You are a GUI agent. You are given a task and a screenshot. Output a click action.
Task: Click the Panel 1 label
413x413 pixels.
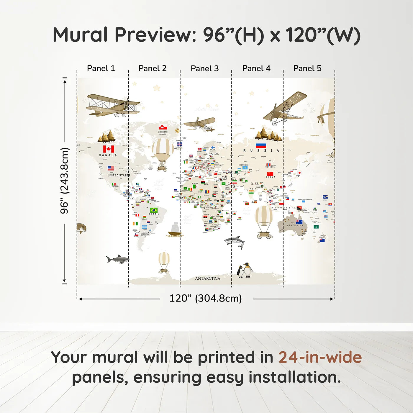coord(101,68)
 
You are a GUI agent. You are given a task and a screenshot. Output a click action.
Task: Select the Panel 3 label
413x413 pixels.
coord(204,68)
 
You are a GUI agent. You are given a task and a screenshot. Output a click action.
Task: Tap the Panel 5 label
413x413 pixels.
coord(307,68)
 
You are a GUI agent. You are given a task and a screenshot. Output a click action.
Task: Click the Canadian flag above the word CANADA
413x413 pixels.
coord(109,149)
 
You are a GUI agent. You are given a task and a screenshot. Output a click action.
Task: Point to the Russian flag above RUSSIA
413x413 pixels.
coord(261,145)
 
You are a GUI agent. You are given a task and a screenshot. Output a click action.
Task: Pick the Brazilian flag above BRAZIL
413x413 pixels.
coord(154,210)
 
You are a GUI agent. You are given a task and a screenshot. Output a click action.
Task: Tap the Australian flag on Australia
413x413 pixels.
coord(299,222)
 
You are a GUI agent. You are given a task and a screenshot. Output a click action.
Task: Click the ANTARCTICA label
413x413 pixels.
coord(207,278)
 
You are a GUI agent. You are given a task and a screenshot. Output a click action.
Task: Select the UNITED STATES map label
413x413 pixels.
coord(119,175)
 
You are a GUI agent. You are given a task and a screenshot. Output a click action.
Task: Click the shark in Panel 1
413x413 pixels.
coord(117,259)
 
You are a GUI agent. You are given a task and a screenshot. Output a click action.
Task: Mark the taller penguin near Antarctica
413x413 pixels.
coord(248,270)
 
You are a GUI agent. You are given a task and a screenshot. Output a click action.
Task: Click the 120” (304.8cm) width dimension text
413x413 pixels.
coord(205,298)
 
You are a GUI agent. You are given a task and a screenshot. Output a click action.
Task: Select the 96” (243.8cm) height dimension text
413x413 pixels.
coord(64,181)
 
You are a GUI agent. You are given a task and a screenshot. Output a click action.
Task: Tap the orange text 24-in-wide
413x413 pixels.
coord(320,357)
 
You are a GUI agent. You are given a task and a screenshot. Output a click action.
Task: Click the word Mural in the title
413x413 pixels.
coord(80,35)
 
